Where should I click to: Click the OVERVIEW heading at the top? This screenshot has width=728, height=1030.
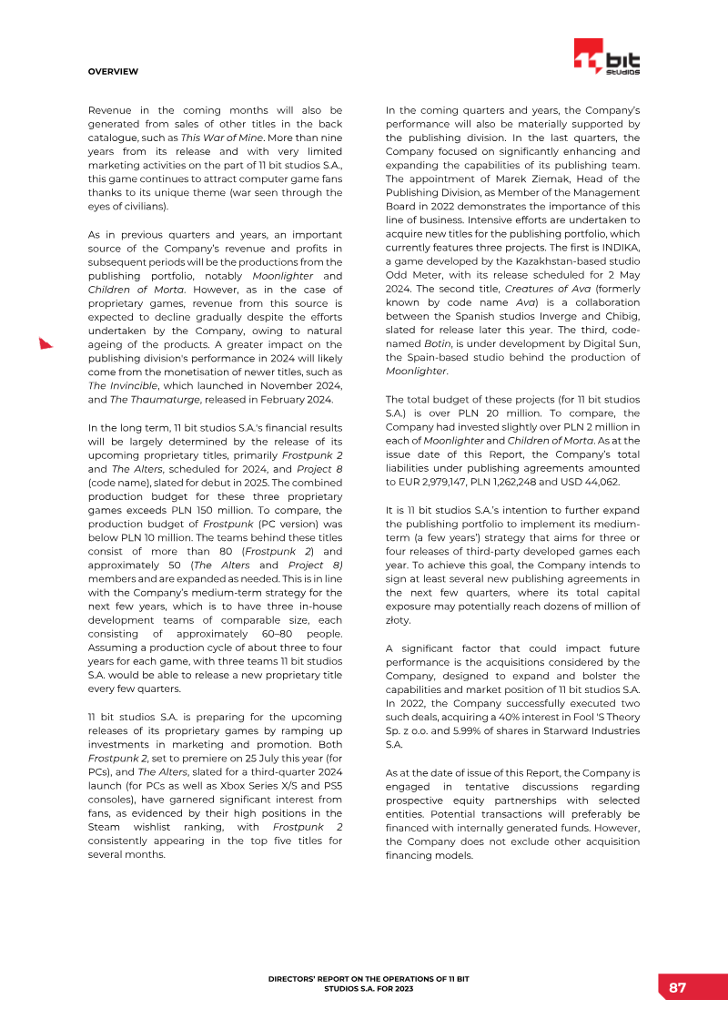tap(113, 71)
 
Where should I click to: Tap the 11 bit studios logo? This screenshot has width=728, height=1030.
tap(606, 56)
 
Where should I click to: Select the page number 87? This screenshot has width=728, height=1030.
tap(677, 988)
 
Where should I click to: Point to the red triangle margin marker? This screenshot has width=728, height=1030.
tap(45, 343)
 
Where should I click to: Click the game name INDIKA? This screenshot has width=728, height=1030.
tap(620, 247)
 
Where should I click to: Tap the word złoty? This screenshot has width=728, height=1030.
tap(399, 619)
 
